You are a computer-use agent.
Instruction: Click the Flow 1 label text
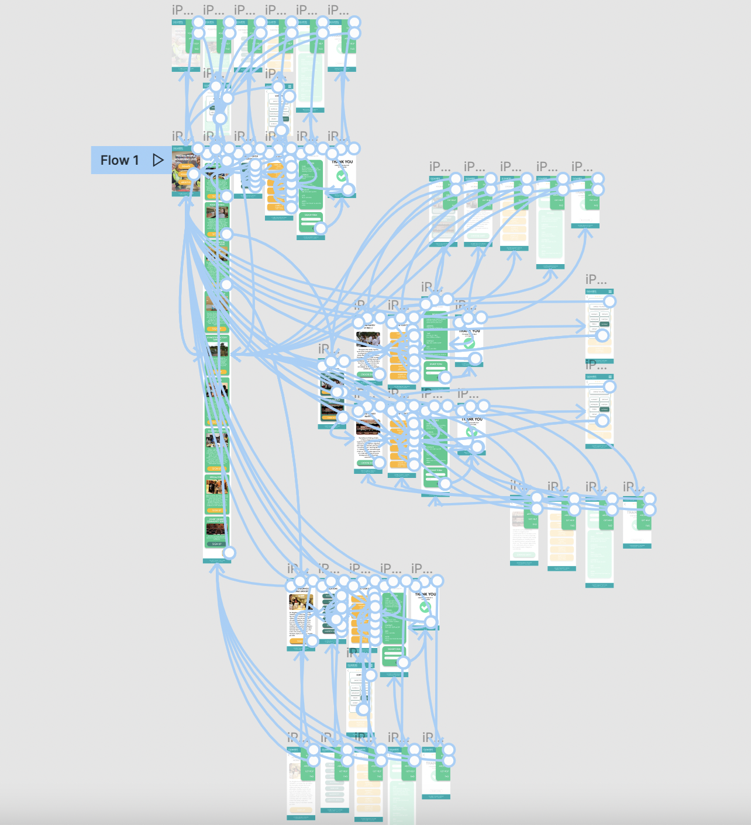pyautogui.click(x=119, y=160)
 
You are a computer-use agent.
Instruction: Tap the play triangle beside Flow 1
pyautogui.click(x=158, y=160)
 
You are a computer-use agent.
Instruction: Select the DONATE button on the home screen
pyautogui.click(x=184, y=167)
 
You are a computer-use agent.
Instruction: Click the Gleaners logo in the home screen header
pyautogui.click(x=177, y=148)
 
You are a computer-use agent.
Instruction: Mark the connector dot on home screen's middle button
pyautogui.click(x=194, y=174)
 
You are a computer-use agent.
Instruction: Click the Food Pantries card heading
pyautogui.click(x=216, y=205)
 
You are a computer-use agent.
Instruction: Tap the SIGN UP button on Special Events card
pyautogui.click(x=216, y=510)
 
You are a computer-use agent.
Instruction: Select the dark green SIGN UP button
pyautogui.click(x=216, y=543)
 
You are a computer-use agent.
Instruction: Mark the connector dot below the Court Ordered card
pyautogui.click(x=229, y=553)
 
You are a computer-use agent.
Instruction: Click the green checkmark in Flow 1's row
pyautogui.click(x=342, y=176)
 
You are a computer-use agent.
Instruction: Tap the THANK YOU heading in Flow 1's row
pyautogui.click(x=342, y=162)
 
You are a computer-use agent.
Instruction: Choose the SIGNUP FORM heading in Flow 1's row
pyautogui.click(x=311, y=215)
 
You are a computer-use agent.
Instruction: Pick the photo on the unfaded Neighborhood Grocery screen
pyautogui.click(x=301, y=602)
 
